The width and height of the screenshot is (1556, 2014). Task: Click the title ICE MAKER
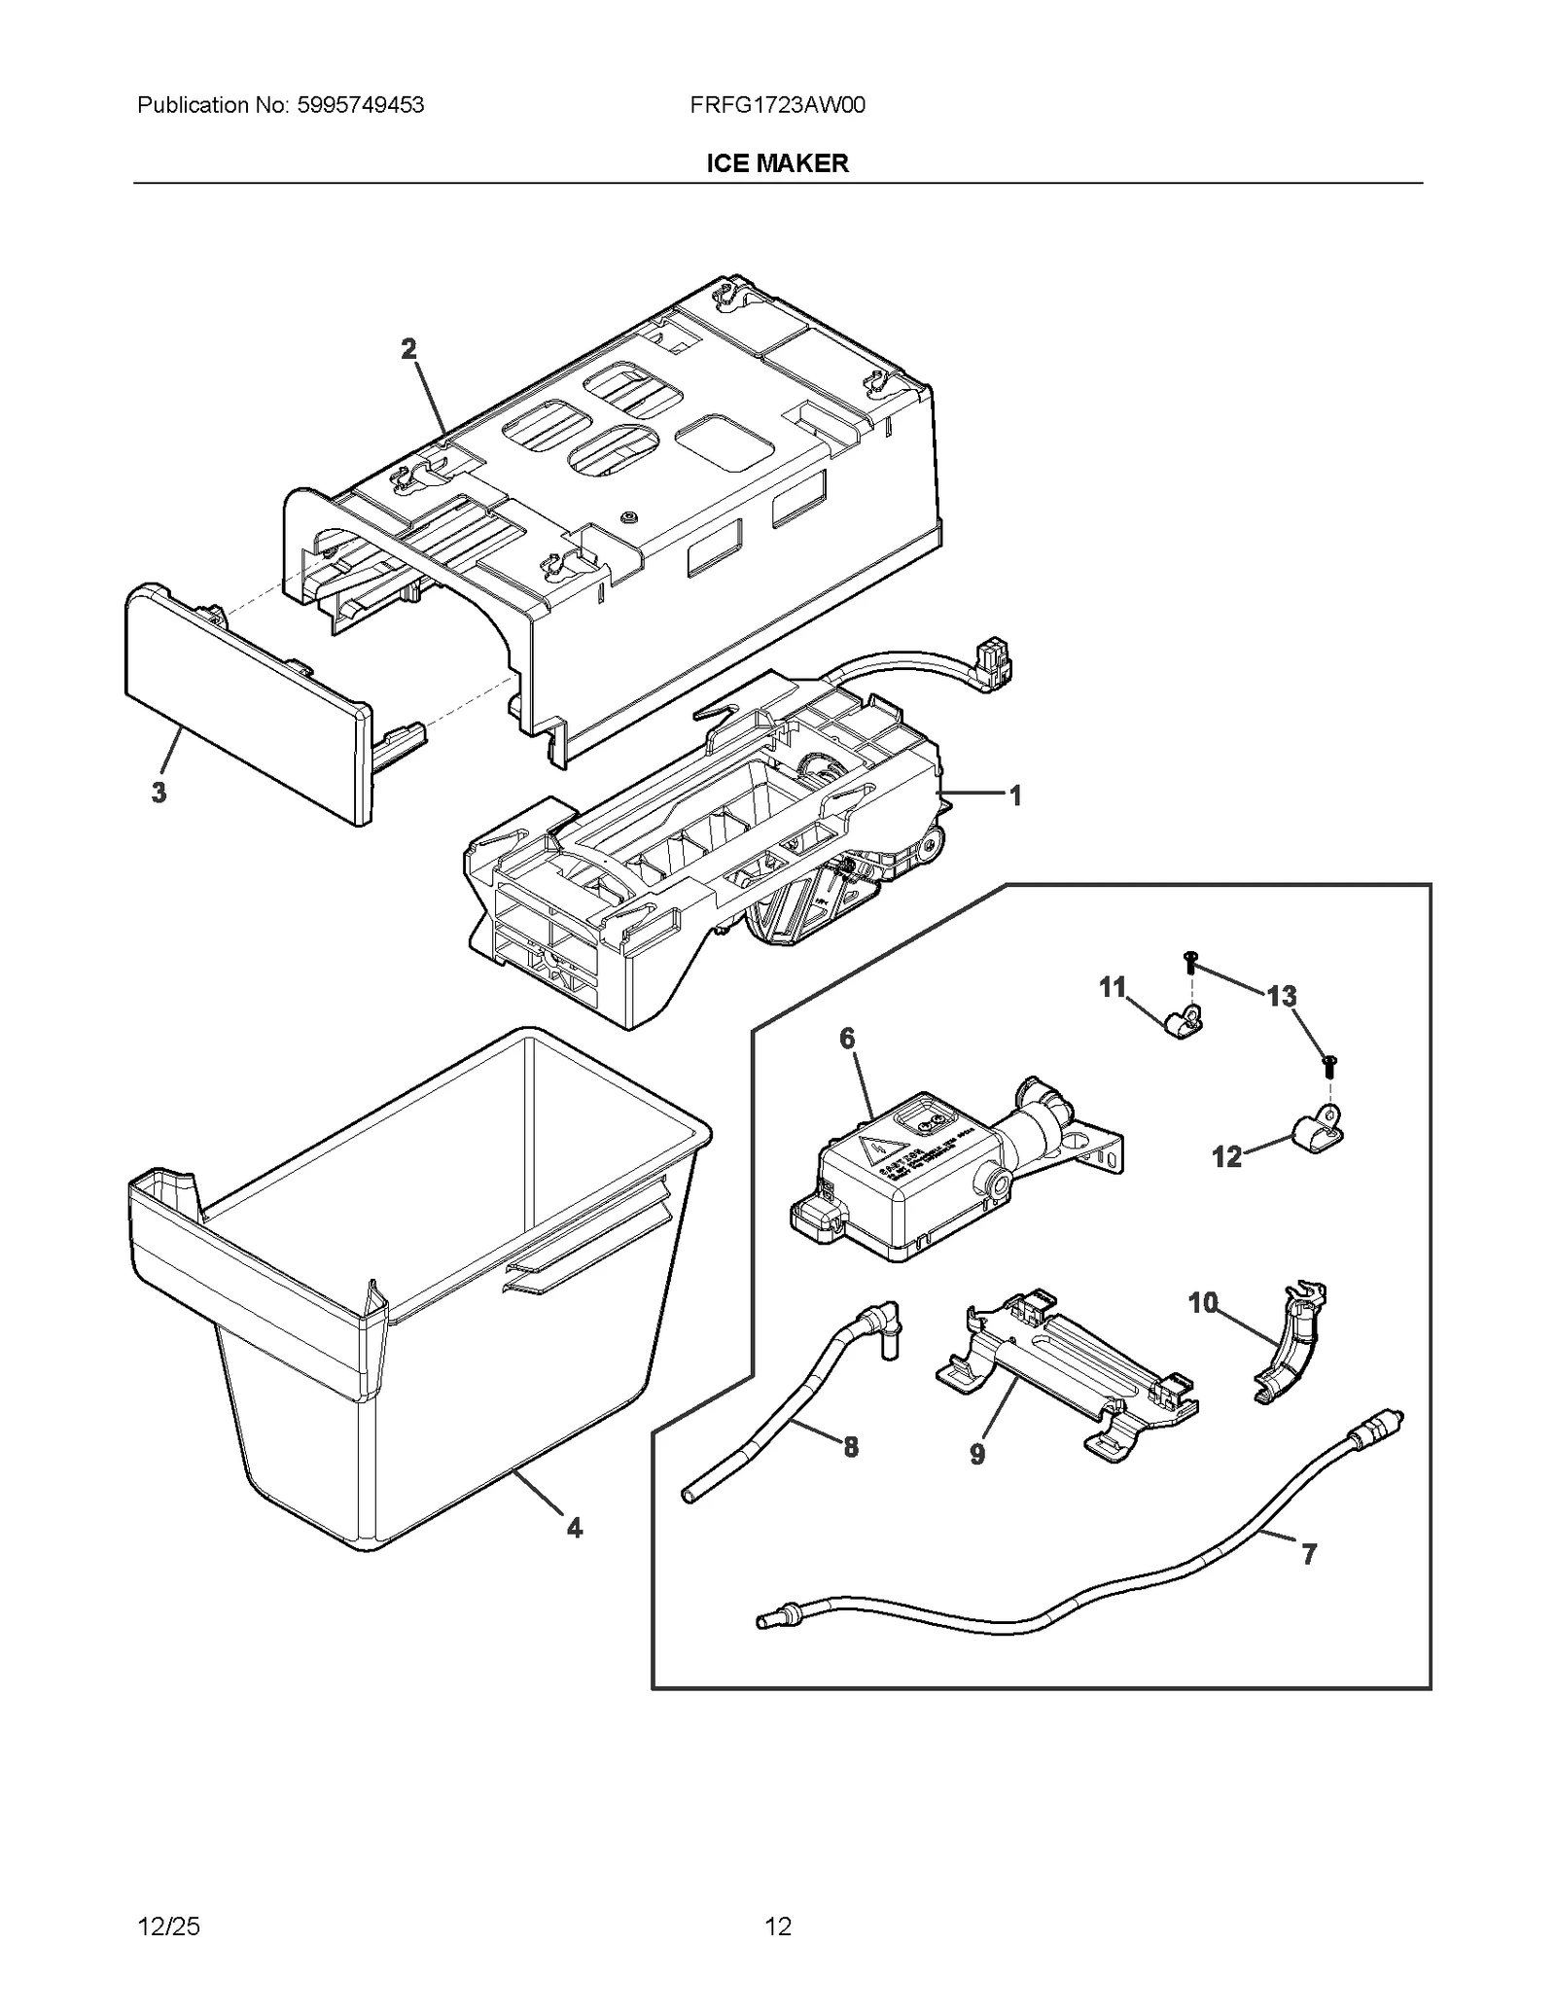777,163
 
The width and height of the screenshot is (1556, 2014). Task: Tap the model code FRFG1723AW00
777,105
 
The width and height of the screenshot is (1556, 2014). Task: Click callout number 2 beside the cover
408,349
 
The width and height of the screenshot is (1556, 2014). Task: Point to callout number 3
159,793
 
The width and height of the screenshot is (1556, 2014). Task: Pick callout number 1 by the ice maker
1014,796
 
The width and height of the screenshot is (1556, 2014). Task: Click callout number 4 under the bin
575,1528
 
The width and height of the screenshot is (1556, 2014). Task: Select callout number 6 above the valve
847,1039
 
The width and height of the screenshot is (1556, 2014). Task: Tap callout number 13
1281,996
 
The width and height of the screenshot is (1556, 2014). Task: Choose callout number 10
1203,1302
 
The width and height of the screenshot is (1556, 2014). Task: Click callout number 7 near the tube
1309,1554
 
